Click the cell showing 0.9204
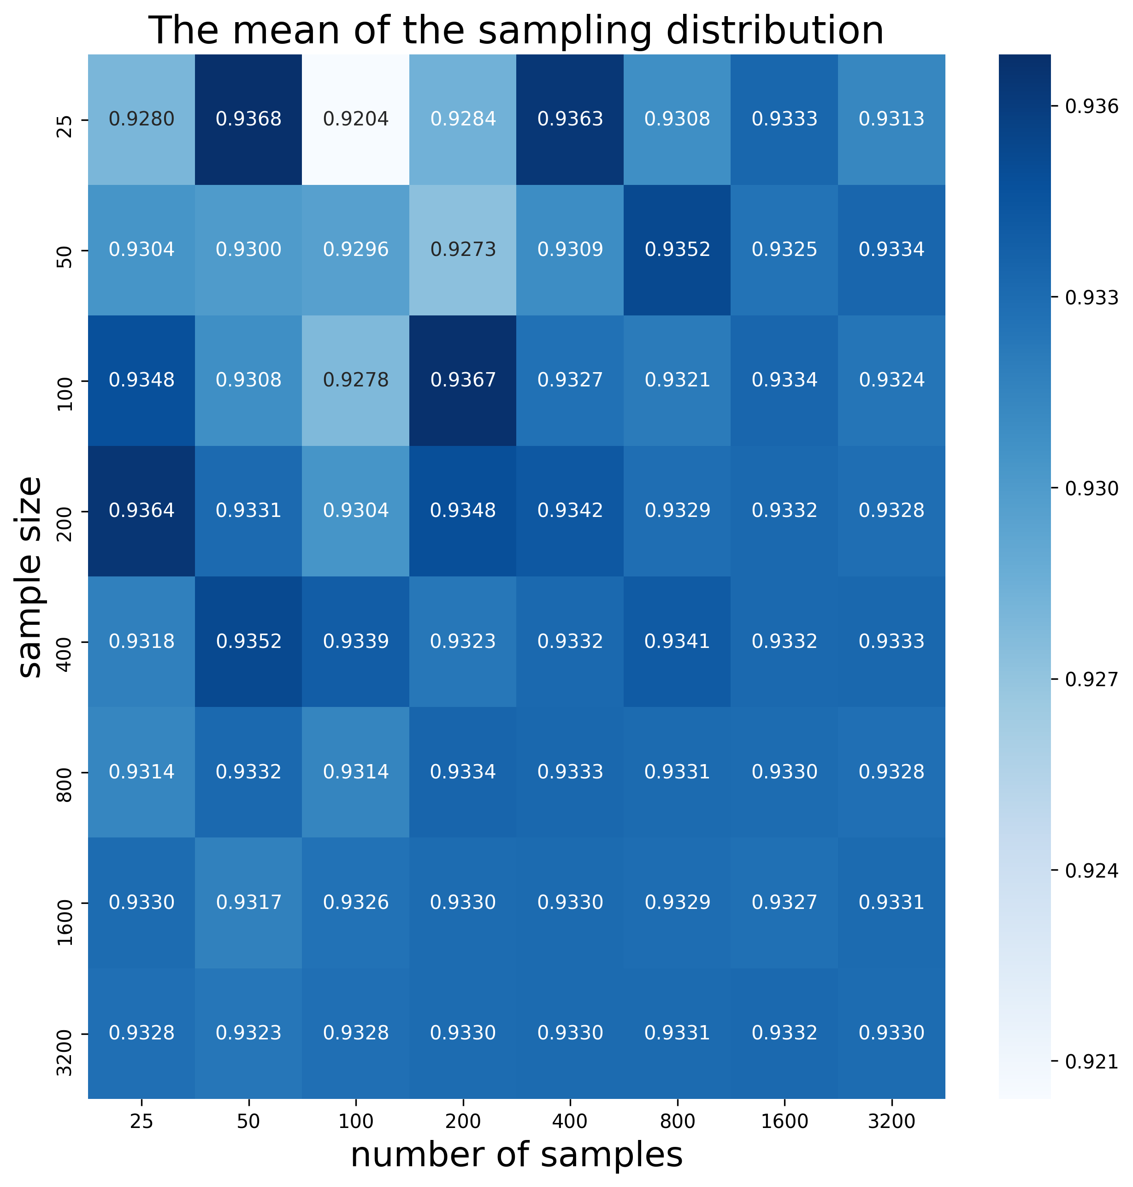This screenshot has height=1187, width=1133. [356, 119]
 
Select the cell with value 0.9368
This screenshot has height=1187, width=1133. [248, 119]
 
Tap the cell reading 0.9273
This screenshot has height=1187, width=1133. [463, 249]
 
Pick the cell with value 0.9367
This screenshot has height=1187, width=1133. [463, 380]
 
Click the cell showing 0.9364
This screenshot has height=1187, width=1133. [142, 510]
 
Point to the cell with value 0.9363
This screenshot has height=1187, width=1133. [570, 119]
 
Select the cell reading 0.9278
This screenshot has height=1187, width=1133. [356, 380]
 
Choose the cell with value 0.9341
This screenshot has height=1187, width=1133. [677, 641]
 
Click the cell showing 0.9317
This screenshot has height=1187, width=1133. [248, 902]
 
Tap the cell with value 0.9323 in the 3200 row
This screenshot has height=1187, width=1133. [248, 1033]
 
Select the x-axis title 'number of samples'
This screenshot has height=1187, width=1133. [516, 1155]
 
